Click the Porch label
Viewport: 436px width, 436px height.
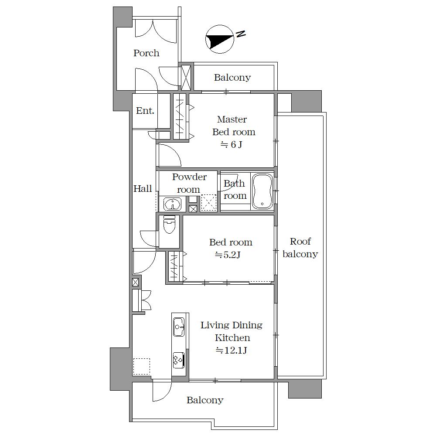coord(146,53)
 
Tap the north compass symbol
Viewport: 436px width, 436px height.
coord(219,39)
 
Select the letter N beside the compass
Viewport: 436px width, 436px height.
coord(241,34)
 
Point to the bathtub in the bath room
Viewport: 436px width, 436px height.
coord(262,191)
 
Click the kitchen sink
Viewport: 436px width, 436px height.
coord(179,327)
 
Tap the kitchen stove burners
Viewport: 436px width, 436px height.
coord(179,360)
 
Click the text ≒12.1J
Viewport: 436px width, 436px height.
coord(232,351)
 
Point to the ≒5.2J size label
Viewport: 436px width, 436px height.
coord(228,255)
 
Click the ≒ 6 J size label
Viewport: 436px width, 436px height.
coord(232,145)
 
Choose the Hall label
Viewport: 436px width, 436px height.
coord(143,189)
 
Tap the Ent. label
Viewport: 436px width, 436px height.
coord(145,111)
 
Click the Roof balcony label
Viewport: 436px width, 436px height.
coord(300,248)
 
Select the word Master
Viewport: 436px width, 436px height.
coord(232,119)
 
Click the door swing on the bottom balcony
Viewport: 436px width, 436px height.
coord(162,392)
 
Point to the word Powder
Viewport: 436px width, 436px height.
coord(189,177)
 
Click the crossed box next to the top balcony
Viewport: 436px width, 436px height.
coord(186,78)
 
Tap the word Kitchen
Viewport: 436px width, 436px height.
coord(232,338)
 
